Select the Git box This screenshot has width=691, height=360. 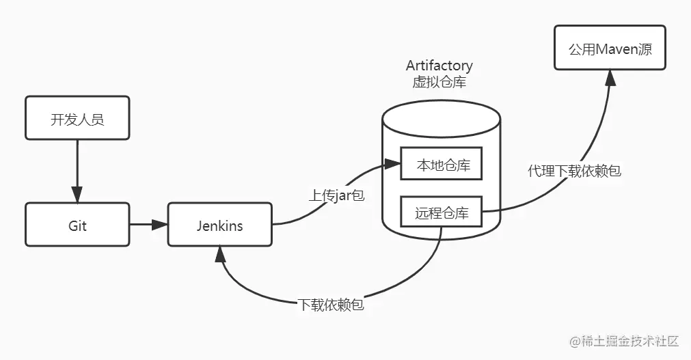pyautogui.click(x=77, y=225)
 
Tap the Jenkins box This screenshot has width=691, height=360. pyautogui.click(x=219, y=225)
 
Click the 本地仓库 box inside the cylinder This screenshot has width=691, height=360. pyautogui.click(x=442, y=165)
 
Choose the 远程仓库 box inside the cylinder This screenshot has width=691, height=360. pyautogui.click(x=442, y=212)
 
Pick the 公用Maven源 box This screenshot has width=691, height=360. pyautogui.click(x=610, y=49)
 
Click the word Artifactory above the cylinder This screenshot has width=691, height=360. pyautogui.click(x=439, y=66)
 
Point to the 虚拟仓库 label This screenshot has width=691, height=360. pyautogui.click(x=439, y=82)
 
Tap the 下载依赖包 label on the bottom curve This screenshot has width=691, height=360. pyautogui.click(x=331, y=305)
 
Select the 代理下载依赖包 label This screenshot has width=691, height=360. pyautogui.click(x=574, y=171)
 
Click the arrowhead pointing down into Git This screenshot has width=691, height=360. pyautogui.click(x=77, y=195)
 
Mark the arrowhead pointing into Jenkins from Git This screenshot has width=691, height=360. pyautogui.click(x=161, y=224)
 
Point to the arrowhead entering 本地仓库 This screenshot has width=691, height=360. pyautogui.click(x=392, y=164)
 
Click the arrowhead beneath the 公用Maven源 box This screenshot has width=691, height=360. pyautogui.click(x=610, y=77)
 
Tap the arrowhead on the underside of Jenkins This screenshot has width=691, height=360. pyautogui.click(x=219, y=254)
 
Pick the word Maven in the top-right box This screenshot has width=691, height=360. pyautogui.click(x=614, y=49)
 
